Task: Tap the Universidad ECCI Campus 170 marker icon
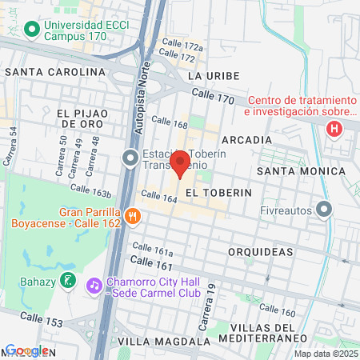tap(32, 30)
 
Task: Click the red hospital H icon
tap(334, 128)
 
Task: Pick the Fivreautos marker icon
tap(323, 210)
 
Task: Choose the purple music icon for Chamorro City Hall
tap(94, 284)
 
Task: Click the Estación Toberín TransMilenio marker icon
tap(130, 158)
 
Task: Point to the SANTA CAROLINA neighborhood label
tap(54, 71)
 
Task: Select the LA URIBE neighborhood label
tap(209, 75)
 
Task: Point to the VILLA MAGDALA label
tap(156, 341)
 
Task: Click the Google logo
tap(26, 350)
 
